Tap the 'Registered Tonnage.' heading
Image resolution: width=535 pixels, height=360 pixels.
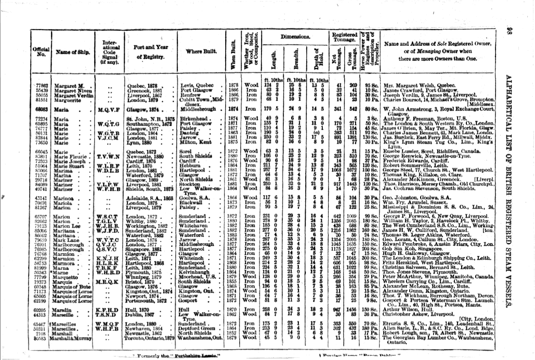[x=345, y=38]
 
